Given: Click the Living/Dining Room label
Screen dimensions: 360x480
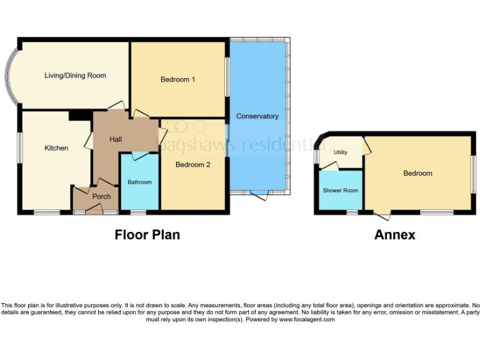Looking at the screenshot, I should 75,76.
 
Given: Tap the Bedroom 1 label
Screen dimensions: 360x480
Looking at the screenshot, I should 178,79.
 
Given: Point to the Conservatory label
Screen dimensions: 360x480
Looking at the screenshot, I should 257,116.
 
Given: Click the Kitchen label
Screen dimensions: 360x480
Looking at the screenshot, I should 56,148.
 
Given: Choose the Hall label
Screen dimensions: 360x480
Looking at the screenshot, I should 116,139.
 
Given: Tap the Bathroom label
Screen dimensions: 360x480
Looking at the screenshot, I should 140,182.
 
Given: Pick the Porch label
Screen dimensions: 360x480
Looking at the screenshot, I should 101,197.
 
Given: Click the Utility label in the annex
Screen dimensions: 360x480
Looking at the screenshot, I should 341,152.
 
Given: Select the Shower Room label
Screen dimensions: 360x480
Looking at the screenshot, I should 341,191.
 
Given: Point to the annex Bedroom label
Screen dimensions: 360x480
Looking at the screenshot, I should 418,173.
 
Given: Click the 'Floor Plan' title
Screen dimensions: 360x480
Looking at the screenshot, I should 147,235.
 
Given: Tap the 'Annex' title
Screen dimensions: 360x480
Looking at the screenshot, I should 395,235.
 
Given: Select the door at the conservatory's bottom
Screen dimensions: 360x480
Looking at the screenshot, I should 261,196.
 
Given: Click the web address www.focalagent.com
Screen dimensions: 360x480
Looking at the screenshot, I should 307,319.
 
